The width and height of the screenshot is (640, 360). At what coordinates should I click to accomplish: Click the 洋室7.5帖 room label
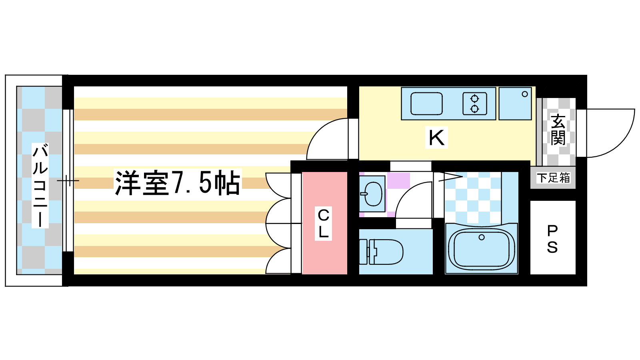point(178,182)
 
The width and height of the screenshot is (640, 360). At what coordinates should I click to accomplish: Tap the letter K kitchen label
point(436,138)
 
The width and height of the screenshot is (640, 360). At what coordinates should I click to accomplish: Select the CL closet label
point(324,224)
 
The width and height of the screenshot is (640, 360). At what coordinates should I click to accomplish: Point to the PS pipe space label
point(552,240)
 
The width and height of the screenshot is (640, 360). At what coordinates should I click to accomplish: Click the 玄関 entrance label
point(558,130)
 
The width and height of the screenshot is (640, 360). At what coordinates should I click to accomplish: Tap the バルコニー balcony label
point(40,186)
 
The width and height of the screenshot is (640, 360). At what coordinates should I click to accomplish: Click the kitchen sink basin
point(426,104)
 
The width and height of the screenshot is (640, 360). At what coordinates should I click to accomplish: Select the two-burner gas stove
point(474,104)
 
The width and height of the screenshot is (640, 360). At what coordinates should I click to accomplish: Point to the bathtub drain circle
point(482,237)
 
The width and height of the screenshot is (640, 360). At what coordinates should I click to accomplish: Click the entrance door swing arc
point(610,133)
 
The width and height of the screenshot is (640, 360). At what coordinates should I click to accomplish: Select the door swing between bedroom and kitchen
point(327,139)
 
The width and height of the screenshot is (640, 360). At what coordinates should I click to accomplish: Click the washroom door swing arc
point(414,200)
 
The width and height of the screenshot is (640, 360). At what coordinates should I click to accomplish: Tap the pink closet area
point(324,223)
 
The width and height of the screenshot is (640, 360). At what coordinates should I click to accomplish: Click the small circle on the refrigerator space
point(524,94)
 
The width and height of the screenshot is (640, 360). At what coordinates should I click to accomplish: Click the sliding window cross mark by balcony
point(68,180)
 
